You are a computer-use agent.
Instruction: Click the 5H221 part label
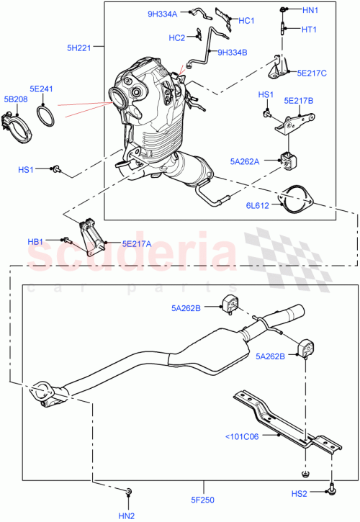click(x=78, y=48)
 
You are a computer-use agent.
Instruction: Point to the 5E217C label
click(x=312, y=73)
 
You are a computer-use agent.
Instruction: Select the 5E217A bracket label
click(x=136, y=243)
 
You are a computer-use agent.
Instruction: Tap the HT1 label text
click(x=308, y=30)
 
